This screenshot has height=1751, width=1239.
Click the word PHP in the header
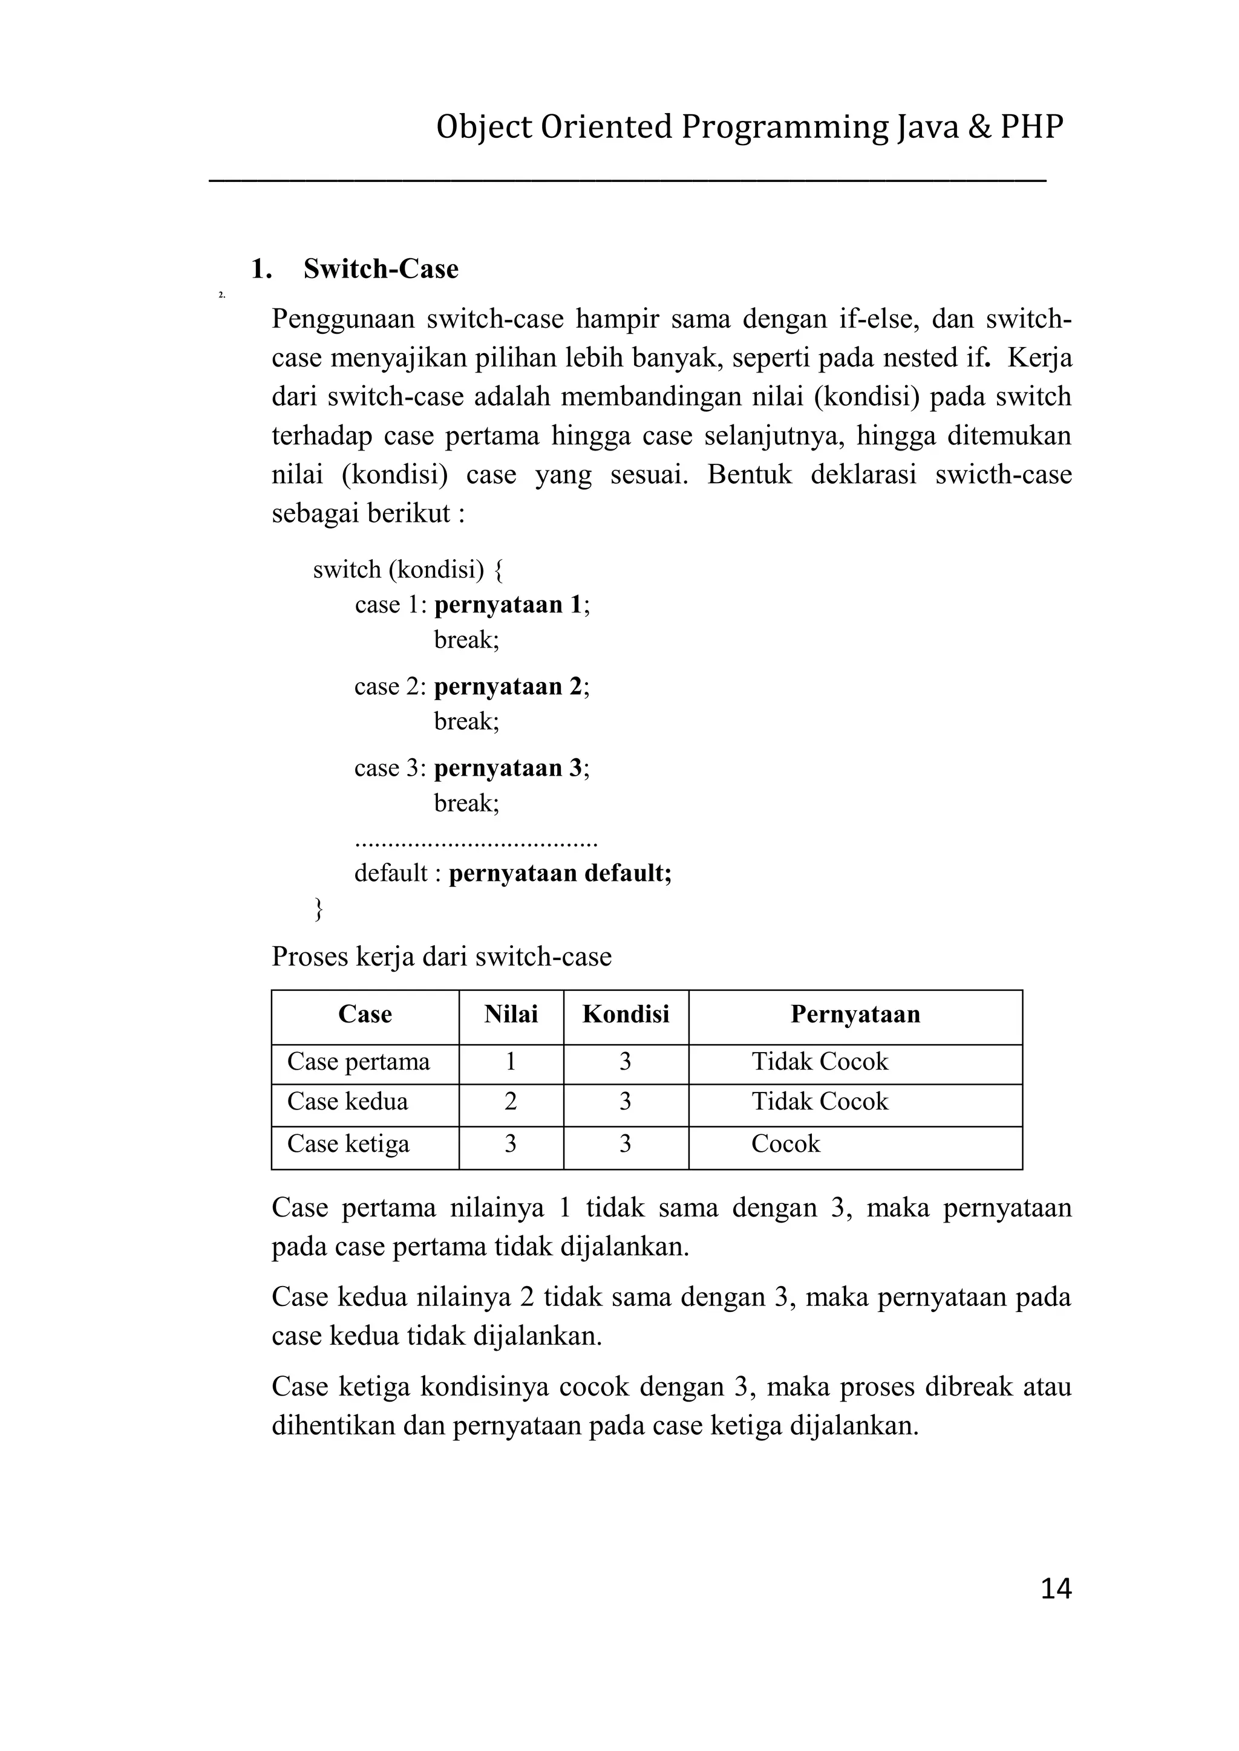1031,126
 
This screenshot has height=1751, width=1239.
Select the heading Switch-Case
381,268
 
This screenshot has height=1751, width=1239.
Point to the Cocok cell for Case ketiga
785,1143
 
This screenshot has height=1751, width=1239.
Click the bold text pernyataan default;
560,872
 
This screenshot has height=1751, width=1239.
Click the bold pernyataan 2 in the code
509,686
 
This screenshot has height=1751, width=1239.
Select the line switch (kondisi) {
408,569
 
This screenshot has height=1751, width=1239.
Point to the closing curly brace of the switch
318,908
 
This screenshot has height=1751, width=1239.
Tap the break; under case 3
466,802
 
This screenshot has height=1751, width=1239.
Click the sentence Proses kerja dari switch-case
442,957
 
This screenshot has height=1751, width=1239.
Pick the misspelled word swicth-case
1003,475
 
